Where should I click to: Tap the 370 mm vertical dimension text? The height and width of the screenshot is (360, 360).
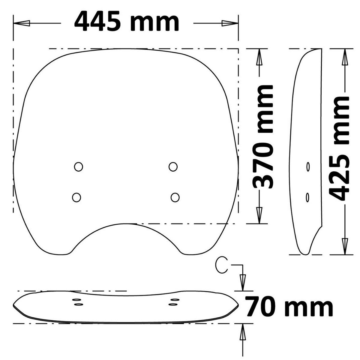[x=262, y=137]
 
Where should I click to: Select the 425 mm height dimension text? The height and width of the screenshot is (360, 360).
[x=338, y=148]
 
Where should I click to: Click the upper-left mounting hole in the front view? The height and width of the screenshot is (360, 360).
[x=79, y=166]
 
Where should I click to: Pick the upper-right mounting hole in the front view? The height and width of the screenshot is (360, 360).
[x=173, y=166]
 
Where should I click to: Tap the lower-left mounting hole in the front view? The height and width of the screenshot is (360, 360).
[x=76, y=197]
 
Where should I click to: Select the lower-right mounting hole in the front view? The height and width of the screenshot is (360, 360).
[x=175, y=197]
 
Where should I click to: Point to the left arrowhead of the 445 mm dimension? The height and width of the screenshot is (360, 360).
[x=22, y=23]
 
